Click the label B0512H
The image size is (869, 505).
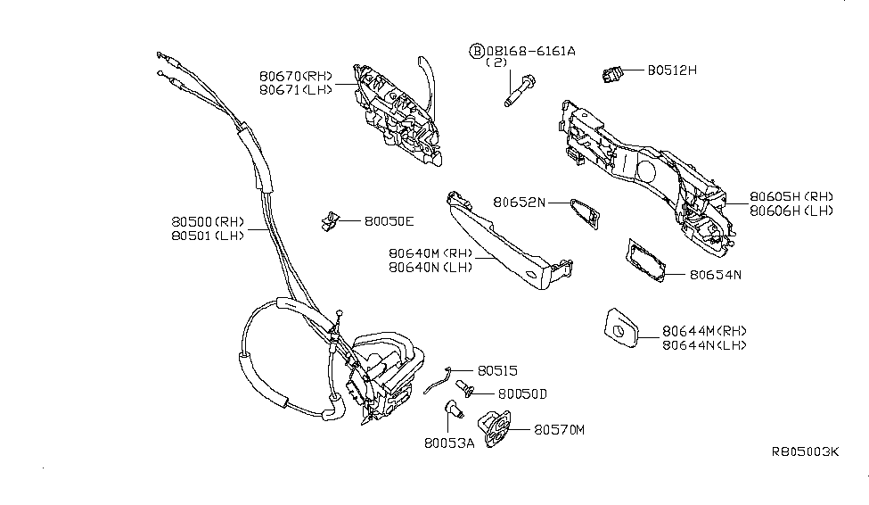660,70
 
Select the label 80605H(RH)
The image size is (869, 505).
791,197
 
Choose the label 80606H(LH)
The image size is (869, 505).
791,211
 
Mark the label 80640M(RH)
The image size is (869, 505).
430,252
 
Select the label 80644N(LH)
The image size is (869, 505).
704,344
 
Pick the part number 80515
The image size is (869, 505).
497,369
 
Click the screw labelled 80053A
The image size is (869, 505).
452,410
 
